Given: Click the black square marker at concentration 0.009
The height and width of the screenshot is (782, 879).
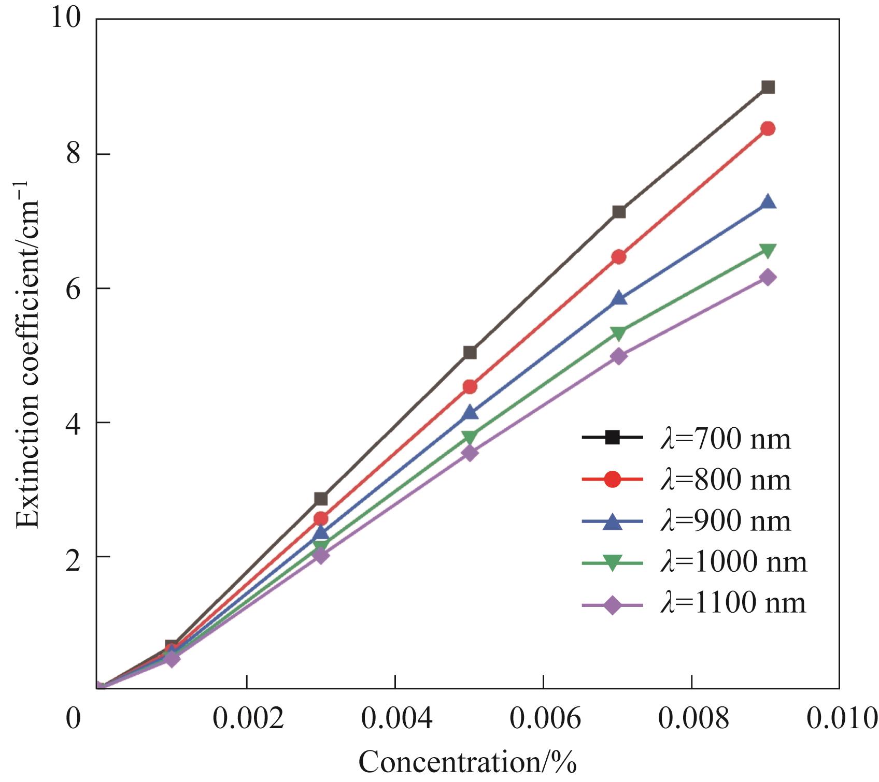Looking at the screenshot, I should coord(768,87).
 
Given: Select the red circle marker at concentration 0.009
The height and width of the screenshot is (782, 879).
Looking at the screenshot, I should coord(768,129).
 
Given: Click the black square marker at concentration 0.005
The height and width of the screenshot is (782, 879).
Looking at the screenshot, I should coord(470,353).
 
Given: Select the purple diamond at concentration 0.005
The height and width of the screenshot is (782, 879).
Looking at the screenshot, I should coord(470,453).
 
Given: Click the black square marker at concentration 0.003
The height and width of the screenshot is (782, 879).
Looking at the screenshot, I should coord(321,499).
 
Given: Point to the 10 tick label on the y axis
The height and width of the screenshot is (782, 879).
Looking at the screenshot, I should coord(66,20).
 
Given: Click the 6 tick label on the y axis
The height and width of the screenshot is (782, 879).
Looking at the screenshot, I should coord(74,288).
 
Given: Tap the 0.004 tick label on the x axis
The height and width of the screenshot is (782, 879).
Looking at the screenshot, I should coord(395,720).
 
